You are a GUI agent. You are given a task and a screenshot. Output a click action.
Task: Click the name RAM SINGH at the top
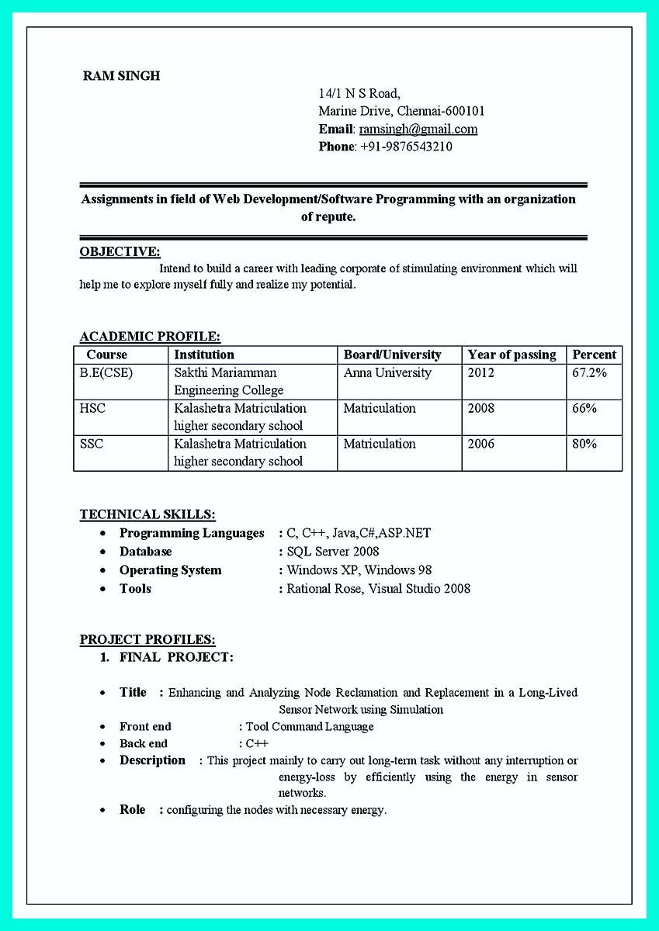point(121,76)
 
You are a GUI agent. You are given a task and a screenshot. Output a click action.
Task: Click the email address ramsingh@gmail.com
point(418,130)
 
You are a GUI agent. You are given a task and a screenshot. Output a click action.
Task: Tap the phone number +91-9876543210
point(406,147)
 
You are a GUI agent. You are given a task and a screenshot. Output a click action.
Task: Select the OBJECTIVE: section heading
point(120,251)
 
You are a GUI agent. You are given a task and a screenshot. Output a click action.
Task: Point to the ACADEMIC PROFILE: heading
point(150,337)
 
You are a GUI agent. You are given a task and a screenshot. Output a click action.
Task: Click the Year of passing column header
point(512,355)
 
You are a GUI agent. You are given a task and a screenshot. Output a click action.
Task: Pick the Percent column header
point(594,355)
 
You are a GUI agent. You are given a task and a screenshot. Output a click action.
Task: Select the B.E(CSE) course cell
point(106,373)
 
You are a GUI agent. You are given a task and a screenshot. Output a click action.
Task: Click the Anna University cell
point(387,373)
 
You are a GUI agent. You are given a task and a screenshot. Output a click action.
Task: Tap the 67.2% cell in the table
point(590,373)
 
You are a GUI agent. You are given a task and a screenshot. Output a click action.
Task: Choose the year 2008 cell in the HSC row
point(480,408)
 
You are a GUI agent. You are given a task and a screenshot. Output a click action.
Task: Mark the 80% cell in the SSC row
point(584,444)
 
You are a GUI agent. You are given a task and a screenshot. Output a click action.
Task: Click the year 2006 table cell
point(480,444)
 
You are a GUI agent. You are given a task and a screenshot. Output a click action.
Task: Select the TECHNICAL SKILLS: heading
point(147,514)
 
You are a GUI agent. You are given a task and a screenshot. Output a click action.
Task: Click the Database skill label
point(146,552)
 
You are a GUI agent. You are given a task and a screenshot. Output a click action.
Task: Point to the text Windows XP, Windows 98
point(359,570)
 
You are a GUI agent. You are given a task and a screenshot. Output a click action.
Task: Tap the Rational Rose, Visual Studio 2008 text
point(378,589)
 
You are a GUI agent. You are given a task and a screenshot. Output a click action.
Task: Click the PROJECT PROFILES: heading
point(147,640)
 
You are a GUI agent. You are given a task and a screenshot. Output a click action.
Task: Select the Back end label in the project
point(144,744)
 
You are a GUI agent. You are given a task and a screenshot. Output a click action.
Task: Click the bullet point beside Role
point(102,810)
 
